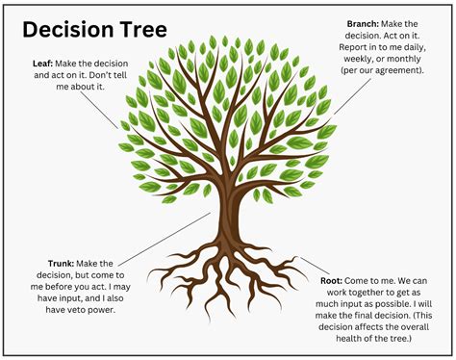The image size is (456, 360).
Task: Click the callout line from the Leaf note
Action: click(105, 110)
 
